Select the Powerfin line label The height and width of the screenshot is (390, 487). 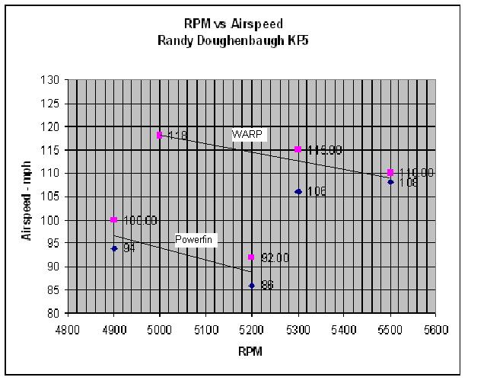coord(197,239)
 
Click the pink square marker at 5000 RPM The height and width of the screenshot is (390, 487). coord(160,135)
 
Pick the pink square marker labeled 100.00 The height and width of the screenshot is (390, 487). coord(114,220)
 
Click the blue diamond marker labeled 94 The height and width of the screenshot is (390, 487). coord(114,248)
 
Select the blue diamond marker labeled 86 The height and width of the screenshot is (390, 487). coord(252,286)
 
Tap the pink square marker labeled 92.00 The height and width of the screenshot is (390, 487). coord(252,257)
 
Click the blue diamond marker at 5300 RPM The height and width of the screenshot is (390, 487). coord(298,192)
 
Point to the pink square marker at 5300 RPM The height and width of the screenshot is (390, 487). coord(298,149)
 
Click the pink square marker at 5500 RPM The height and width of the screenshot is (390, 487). coord(390,173)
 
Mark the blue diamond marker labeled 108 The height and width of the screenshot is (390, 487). coord(390,182)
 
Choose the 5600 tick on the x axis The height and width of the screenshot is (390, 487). coord(436,329)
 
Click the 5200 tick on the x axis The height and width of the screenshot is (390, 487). coord(252,329)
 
